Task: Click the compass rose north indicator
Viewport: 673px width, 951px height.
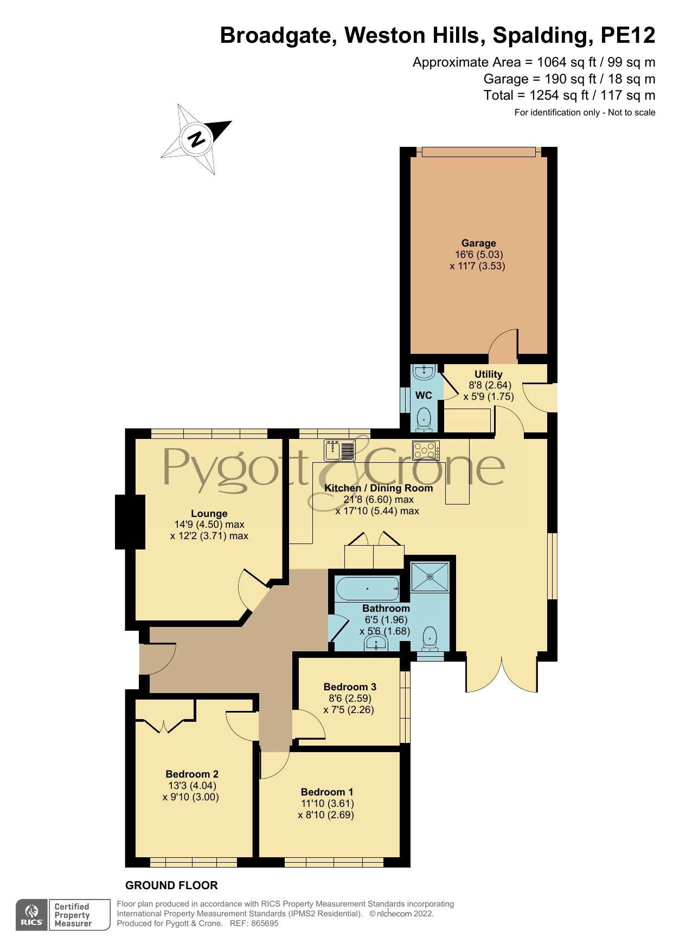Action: coord(196,139)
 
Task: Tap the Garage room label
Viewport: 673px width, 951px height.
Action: coord(478,243)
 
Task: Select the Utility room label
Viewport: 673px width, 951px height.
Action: coord(488,374)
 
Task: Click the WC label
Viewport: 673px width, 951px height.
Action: coord(424,396)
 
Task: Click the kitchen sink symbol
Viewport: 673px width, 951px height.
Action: coord(339,450)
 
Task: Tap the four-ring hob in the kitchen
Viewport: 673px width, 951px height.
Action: coord(426,450)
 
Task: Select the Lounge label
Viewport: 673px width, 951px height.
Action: coord(209,513)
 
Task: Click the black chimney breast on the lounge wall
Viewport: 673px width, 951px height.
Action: coord(130,522)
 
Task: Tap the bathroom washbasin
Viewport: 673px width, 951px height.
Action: coord(375,644)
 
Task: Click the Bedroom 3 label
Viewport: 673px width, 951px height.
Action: coord(349,687)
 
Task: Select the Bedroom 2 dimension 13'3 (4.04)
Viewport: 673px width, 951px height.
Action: coord(193,786)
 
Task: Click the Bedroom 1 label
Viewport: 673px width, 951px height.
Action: coord(326,792)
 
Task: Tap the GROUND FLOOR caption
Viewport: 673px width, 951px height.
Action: coord(171,885)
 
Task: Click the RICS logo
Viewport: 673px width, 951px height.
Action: coord(32,915)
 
